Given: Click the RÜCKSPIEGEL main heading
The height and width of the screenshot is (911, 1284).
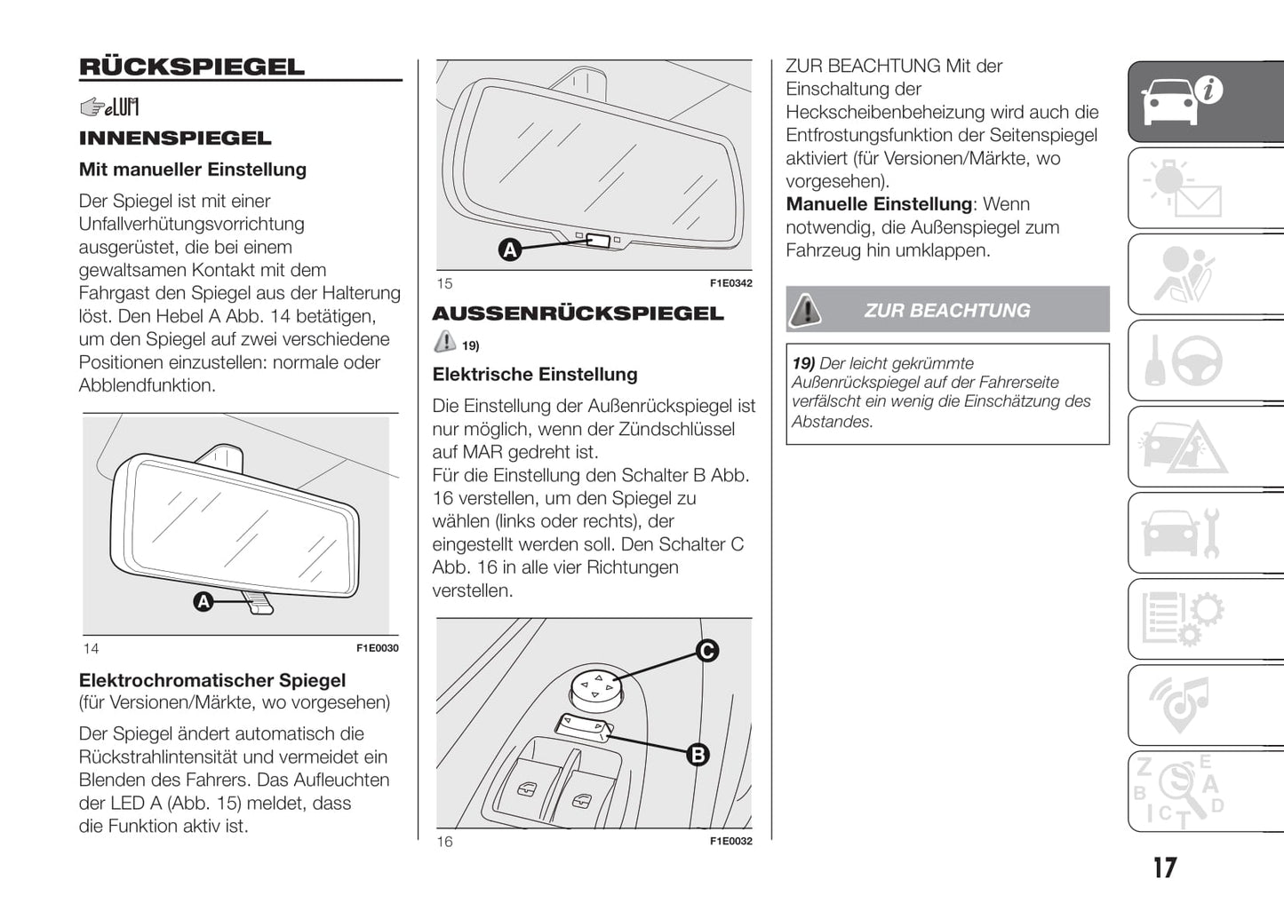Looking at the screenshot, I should (x=191, y=67).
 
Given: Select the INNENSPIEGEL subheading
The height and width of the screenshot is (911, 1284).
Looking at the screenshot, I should (x=175, y=139).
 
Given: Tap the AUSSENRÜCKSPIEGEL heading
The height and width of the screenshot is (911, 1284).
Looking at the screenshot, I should (x=578, y=313).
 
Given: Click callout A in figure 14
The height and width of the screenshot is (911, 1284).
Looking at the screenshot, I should (x=203, y=602).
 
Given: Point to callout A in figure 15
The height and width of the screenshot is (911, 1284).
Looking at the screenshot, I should (x=509, y=250).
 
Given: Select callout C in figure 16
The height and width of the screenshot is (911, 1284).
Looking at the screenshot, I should (x=706, y=651).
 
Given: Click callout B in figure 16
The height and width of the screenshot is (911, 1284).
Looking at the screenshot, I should (x=698, y=755).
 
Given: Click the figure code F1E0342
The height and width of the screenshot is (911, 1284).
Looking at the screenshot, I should (x=730, y=283).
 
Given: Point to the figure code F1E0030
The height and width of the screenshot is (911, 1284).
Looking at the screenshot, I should (x=377, y=648).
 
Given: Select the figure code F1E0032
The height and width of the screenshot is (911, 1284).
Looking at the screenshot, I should (x=730, y=841).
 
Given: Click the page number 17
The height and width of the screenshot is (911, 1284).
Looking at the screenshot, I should (x=1164, y=867).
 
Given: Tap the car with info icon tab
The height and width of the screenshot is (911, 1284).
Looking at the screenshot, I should (x=1183, y=101).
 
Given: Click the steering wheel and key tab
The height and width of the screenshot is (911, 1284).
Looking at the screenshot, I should (x=1183, y=360).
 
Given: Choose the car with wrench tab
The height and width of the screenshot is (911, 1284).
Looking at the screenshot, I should (x=1183, y=533).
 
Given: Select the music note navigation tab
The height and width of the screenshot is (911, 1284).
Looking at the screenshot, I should (x=1183, y=705).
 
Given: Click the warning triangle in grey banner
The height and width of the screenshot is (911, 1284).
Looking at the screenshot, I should (x=806, y=310).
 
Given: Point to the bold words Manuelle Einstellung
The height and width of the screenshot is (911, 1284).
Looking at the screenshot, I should (x=879, y=204).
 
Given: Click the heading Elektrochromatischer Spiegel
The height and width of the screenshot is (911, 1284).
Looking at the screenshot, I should (x=212, y=680).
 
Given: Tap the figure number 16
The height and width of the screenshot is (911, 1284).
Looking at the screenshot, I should (x=444, y=841).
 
